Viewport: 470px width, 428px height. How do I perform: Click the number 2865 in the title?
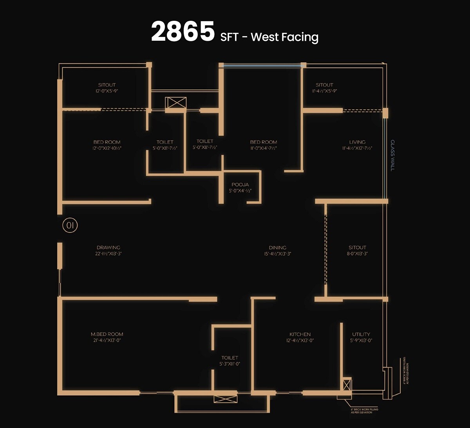(183, 32)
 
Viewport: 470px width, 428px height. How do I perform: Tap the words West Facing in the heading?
(284, 37)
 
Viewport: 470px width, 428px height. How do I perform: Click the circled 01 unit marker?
(70, 225)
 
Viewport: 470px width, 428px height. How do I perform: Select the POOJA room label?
(240, 185)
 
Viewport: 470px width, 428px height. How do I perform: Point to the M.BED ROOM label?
(107, 334)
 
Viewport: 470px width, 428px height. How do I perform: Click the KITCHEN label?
(300, 334)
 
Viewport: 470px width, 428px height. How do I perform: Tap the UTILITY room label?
(361, 334)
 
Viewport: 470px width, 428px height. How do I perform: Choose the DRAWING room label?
(108, 247)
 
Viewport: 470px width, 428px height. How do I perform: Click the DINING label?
(277, 247)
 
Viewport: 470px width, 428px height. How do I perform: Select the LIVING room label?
(357, 142)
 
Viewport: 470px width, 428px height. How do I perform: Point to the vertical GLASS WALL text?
(392, 156)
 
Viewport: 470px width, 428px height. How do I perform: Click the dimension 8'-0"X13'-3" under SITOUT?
(357, 254)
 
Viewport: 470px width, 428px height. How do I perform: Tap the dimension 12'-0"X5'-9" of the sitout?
(107, 91)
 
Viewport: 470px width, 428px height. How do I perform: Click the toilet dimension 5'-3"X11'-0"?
(230, 364)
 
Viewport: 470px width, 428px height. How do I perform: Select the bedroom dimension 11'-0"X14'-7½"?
(264, 148)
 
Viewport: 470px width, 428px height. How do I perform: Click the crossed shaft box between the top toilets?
(176, 103)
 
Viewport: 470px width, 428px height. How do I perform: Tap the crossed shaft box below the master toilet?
(225, 399)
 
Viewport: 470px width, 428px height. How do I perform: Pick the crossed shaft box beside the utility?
(347, 384)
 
